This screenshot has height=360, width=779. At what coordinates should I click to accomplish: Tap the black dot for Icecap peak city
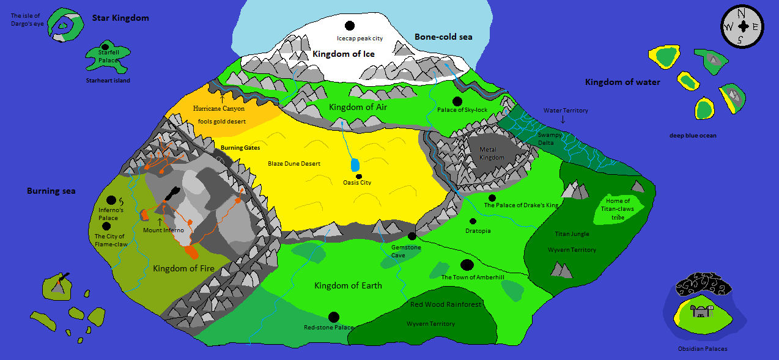(x=350, y=26)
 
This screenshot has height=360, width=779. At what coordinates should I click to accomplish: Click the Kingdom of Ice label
(x=343, y=54)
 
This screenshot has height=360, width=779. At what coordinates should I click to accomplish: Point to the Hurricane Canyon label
(x=218, y=108)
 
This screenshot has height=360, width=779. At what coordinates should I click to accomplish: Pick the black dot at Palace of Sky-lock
(x=457, y=101)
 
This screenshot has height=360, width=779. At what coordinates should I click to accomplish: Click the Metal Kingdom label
(x=492, y=153)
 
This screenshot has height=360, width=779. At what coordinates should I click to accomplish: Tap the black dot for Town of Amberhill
(x=467, y=265)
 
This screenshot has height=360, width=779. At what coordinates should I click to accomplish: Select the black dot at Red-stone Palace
(x=334, y=317)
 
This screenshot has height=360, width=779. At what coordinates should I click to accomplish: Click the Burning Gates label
(x=240, y=148)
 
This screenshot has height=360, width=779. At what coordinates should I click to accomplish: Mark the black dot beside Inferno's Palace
(x=111, y=200)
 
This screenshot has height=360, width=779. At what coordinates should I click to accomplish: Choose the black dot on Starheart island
(x=105, y=46)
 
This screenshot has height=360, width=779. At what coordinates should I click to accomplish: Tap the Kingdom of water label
(x=622, y=82)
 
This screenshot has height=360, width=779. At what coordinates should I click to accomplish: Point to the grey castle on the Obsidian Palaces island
(x=699, y=312)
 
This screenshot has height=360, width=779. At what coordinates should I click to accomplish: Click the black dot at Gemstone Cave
(x=412, y=236)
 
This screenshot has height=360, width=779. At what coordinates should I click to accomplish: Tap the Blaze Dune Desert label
(x=294, y=164)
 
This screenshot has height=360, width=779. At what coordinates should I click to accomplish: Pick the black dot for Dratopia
(x=473, y=221)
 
